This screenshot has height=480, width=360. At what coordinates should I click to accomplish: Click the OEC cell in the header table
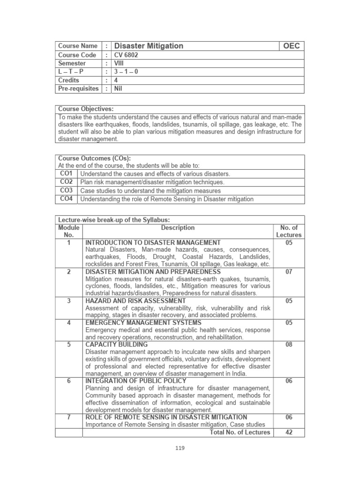(x=292, y=46)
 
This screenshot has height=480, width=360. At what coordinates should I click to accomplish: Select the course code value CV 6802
(x=126, y=55)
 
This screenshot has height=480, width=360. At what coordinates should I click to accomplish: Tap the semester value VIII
(x=120, y=63)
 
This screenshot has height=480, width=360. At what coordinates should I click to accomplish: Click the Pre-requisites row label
(x=78, y=89)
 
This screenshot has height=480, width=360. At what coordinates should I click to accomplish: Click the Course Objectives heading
(x=86, y=109)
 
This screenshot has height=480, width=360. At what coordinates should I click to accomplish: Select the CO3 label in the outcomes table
(x=66, y=191)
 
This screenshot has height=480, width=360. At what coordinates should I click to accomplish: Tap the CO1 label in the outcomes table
(x=66, y=173)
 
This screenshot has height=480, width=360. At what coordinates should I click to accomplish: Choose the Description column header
(x=178, y=228)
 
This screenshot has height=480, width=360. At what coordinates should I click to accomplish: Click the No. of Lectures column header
(x=289, y=232)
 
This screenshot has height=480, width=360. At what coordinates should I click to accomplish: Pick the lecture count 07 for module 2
(x=289, y=272)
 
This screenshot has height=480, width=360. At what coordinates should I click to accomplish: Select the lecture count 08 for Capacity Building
(x=289, y=345)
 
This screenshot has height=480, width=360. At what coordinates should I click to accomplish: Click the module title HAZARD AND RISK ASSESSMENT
(x=135, y=301)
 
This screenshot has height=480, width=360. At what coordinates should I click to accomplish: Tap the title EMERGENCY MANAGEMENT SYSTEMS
(x=143, y=323)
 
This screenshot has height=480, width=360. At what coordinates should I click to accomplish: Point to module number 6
(x=68, y=381)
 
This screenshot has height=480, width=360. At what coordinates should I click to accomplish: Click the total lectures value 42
(x=289, y=432)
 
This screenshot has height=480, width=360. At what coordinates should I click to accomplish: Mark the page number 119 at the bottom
(x=180, y=448)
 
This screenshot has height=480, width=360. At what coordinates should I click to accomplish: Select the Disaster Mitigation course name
(x=149, y=46)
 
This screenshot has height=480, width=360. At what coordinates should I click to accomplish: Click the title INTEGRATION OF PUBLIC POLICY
(x=136, y=381)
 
